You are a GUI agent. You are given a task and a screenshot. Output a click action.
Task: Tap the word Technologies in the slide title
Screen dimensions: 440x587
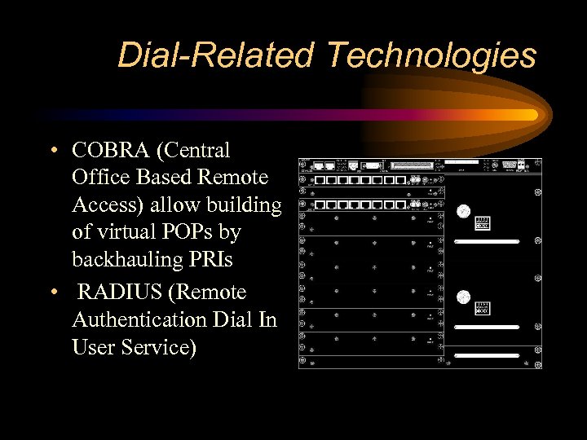(431, 56)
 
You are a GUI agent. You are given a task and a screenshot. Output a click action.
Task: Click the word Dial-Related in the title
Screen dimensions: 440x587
(215, 56)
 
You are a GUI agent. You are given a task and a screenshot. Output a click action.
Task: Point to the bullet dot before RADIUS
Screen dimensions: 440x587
(53, 293)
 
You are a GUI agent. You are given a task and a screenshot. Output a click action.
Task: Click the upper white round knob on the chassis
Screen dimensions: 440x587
(463, 211)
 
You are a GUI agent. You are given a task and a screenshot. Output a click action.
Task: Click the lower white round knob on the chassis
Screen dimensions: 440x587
(463, 297)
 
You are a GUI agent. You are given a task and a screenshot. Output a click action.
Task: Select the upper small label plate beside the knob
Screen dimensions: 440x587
(483, 222)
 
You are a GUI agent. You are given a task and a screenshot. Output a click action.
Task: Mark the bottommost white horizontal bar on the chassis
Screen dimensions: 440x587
(487, 355)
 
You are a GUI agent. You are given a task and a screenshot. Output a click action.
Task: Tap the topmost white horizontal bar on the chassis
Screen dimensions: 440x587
(487, 242)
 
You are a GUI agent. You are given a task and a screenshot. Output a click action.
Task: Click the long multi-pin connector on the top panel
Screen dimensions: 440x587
(413, 165)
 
